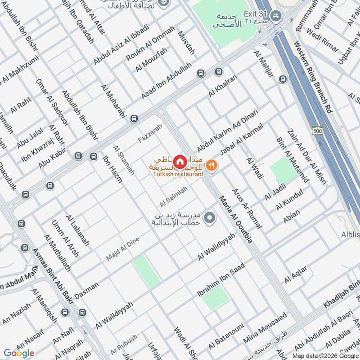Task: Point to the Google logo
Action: pyautogui.click(x=18, y=353)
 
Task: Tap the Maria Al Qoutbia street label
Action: pyautogui.click(x=235, y=220)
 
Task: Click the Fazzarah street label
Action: pyautogui.click(x=150, y=134)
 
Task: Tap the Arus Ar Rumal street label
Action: pyautogui.click(x=247, y=209)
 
